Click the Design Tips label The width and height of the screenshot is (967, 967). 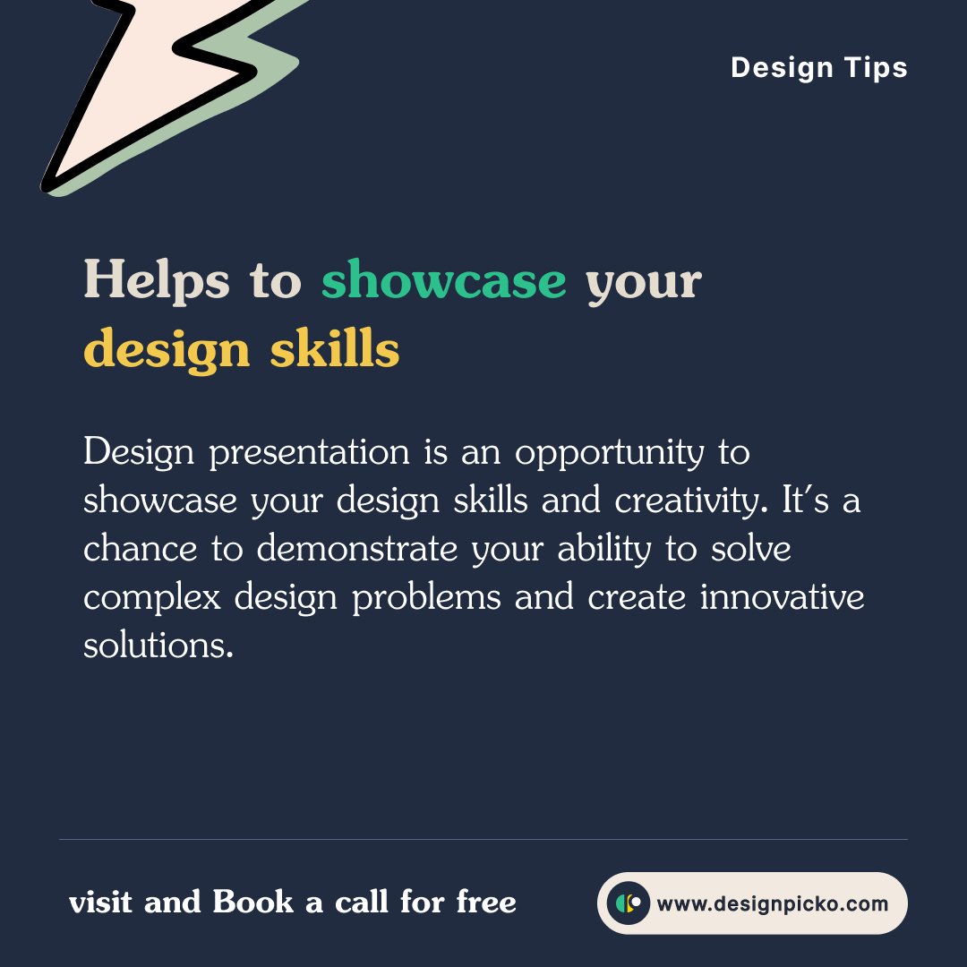818,68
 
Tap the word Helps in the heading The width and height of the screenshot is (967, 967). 156,281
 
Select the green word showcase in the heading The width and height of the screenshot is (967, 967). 443,281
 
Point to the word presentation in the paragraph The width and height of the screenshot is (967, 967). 309,453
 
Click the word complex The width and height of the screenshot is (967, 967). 151,597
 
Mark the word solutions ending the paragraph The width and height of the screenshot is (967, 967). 158,645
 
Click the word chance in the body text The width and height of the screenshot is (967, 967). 140,549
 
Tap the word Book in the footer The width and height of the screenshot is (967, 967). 252,903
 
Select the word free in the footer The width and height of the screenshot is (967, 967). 486,903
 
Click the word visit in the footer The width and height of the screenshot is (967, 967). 101,903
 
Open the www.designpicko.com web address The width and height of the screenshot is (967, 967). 772,903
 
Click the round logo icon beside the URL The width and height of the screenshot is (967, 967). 628,903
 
